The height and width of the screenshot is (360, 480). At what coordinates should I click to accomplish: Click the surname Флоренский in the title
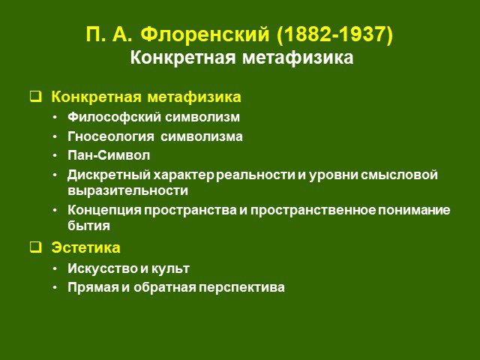click(205, 34)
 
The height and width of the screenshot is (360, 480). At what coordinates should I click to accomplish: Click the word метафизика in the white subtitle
click(298, 58)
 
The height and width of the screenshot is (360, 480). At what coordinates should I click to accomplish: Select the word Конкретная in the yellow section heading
click(97, 97)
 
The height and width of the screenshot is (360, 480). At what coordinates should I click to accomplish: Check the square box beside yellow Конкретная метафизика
click(35, 96)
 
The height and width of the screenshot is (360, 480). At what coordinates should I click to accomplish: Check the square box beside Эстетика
click(35, 247)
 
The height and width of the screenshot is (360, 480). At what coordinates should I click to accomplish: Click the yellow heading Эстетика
click(85, 247)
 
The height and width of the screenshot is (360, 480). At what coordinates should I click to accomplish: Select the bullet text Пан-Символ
click(109, 155)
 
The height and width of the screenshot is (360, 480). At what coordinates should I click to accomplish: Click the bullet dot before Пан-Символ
click(55, 156)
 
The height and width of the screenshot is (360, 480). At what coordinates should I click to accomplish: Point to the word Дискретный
click(109, 175)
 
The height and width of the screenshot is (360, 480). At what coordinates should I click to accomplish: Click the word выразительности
click(128, 190)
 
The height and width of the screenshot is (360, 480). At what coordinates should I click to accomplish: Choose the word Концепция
click(104, 210)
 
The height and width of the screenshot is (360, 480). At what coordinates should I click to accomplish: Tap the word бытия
click(88, 226)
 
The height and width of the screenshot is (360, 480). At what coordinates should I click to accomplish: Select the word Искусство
click(103, 268)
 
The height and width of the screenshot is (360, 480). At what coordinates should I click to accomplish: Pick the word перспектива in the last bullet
click(241, 288)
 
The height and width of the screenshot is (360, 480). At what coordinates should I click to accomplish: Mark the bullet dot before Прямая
click(55, 288)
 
